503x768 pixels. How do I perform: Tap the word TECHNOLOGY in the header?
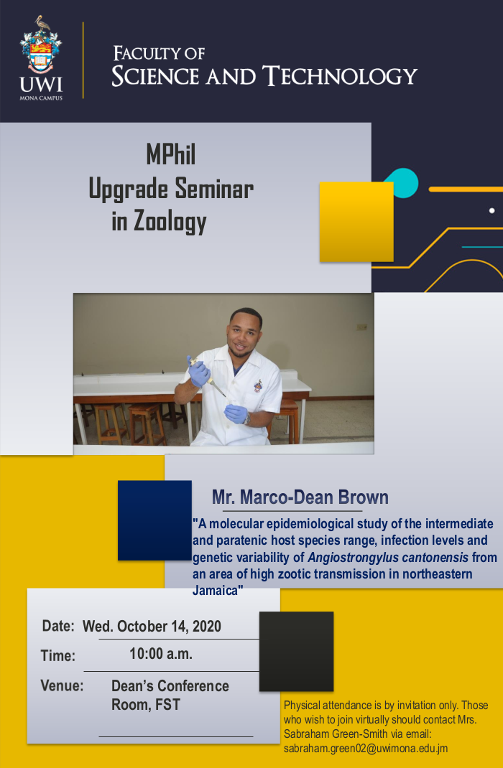coord(340,76)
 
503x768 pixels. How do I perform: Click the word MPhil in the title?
coord(170,155)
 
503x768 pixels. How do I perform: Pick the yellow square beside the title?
coord(356,222)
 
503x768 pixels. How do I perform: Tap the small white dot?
coord(492,210)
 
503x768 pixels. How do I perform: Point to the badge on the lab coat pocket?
coord(258,385)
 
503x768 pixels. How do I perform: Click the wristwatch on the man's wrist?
coord(248,418)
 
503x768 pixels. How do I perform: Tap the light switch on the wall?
coord(361,327)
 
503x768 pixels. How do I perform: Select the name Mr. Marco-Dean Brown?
coord(300,497)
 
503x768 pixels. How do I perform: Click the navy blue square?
coord(154,520)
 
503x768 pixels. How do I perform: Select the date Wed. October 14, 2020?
coord(152,626)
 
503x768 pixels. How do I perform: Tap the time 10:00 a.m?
coord(161,653)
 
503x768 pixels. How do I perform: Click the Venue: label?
coord(62,685)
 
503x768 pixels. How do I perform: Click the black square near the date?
coord(296,652)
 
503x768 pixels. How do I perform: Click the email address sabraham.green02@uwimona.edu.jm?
coord(366,749)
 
